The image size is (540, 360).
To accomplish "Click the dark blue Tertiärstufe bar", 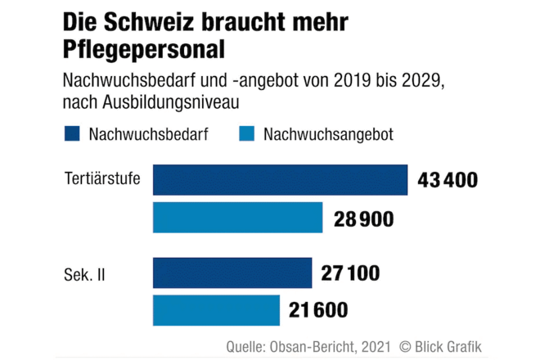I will (280, 180).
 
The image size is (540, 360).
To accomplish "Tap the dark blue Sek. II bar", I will (232, 272).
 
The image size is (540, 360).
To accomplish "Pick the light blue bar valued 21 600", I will (217, 311).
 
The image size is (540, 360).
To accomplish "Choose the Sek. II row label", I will (83, 273).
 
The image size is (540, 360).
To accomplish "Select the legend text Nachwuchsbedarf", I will (147, 134).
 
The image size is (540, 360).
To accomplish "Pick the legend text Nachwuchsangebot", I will (328, 134).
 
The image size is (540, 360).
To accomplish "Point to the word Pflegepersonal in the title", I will (143, 51).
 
